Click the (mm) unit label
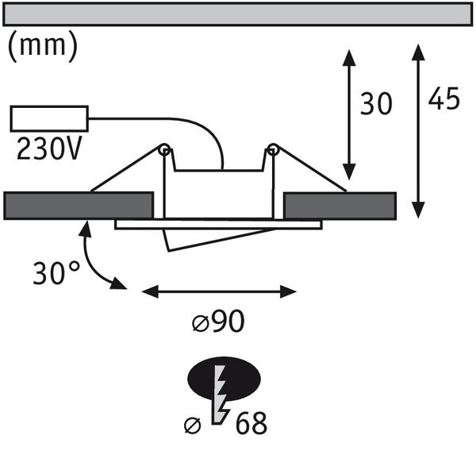point(43,46)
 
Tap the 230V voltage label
point(49,148)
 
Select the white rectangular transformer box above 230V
point(49,118)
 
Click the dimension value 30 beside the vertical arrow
point(376,104)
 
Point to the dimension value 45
point(443,98)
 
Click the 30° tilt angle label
point(56,272)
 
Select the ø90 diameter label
point(219,321)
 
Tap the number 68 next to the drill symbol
point(251,422)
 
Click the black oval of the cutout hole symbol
point(224,379)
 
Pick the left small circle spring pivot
point(164,149)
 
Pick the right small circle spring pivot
point(273,149)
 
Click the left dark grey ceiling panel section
point(78,206)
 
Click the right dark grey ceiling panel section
point(340,206)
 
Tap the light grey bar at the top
point(238,14)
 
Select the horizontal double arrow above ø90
point(219,291)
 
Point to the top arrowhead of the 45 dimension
point(418,52)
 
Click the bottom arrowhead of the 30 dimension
point(349,172)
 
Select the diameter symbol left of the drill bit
point(193,426)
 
